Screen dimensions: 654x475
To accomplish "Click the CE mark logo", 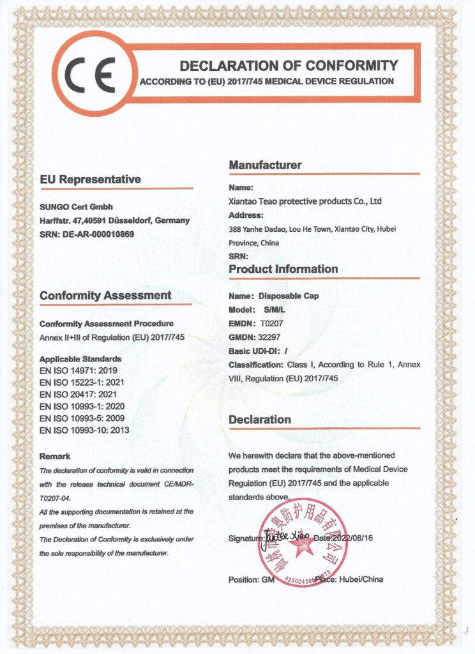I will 93,74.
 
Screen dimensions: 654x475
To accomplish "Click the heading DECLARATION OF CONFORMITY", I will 289,65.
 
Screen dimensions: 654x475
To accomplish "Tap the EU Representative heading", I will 90,179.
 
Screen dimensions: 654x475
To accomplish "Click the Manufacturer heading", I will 265,165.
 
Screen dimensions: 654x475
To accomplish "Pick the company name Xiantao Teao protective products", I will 305,201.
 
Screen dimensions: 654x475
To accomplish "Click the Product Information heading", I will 283,269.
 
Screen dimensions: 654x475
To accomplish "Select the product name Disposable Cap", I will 289,296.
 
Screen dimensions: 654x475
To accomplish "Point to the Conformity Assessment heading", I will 105,295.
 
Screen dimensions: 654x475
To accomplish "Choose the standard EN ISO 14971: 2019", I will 80,369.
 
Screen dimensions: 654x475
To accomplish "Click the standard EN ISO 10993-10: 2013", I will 84,430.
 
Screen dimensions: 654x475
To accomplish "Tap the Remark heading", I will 55,456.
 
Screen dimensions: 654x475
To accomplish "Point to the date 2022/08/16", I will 352,538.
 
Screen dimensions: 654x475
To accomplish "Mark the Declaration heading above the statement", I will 260,420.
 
